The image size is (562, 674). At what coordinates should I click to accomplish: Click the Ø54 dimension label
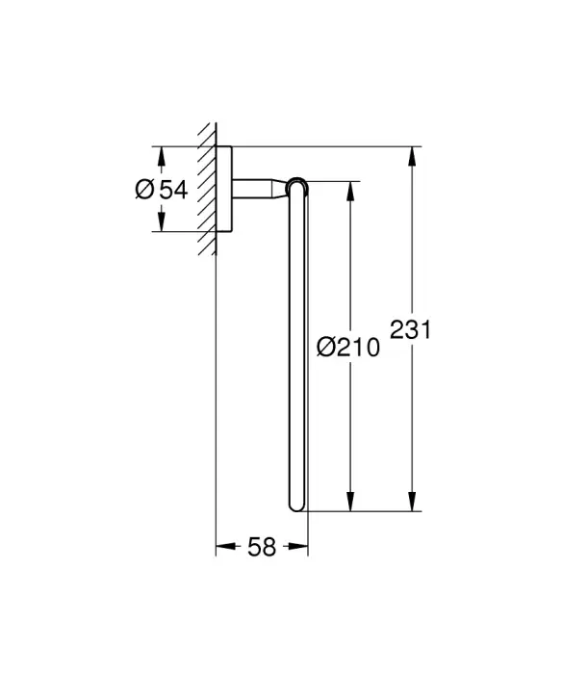point(162,190)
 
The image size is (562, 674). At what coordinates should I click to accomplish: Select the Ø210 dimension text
point(348,347)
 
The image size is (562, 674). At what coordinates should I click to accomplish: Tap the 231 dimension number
point(410,329)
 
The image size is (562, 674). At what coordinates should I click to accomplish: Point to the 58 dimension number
point(262,547)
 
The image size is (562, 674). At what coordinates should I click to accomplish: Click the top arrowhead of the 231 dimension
point(412,157)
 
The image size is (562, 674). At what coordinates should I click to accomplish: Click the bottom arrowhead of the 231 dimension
point(412,502)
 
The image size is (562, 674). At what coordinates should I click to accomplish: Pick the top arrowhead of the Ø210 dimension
point(350,192)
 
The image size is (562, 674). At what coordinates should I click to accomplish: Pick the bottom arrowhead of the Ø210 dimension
point(350,502)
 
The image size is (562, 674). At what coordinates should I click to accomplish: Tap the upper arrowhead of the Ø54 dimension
point(161,156)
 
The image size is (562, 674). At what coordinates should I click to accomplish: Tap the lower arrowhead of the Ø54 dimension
point(161,221)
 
